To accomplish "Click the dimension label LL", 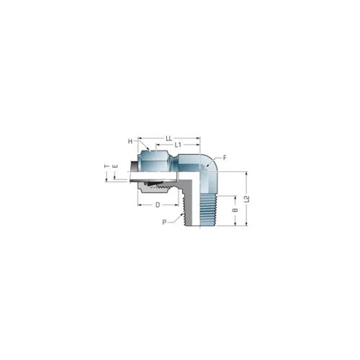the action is point(169,138).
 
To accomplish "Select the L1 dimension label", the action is point(178,145).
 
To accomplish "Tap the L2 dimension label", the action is point(246,199).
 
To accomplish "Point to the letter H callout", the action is point(130,142).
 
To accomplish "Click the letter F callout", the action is point(225,158).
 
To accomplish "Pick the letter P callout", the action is point(164,222).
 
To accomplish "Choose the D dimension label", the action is point(158,205).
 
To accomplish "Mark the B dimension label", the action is point(235,210).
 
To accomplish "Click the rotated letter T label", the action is point(107,166).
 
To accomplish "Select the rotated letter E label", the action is point(115,166).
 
